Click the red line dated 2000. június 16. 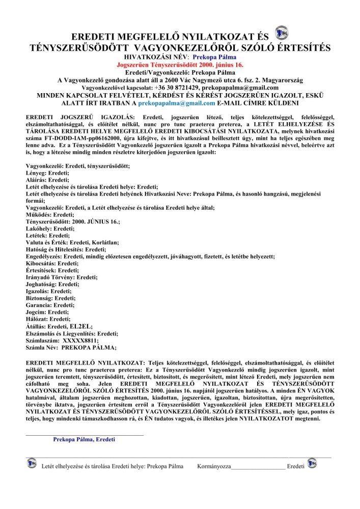180,66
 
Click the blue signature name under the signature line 84,439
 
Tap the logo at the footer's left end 33,464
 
